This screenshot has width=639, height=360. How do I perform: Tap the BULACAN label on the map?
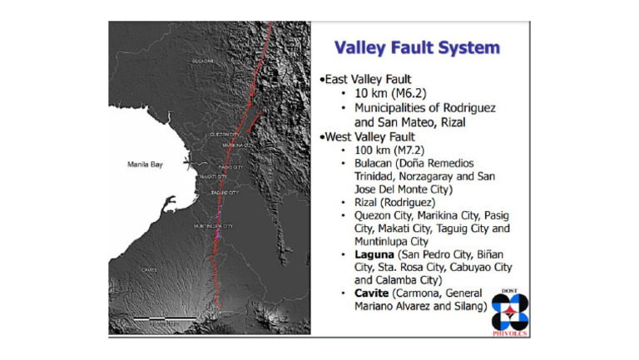[x=203, y=62]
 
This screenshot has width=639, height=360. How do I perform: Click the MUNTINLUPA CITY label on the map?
[x=213, y=226]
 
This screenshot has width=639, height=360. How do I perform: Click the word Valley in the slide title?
[x=364, y=47]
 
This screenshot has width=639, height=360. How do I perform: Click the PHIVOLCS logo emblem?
[x=510, y=310]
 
